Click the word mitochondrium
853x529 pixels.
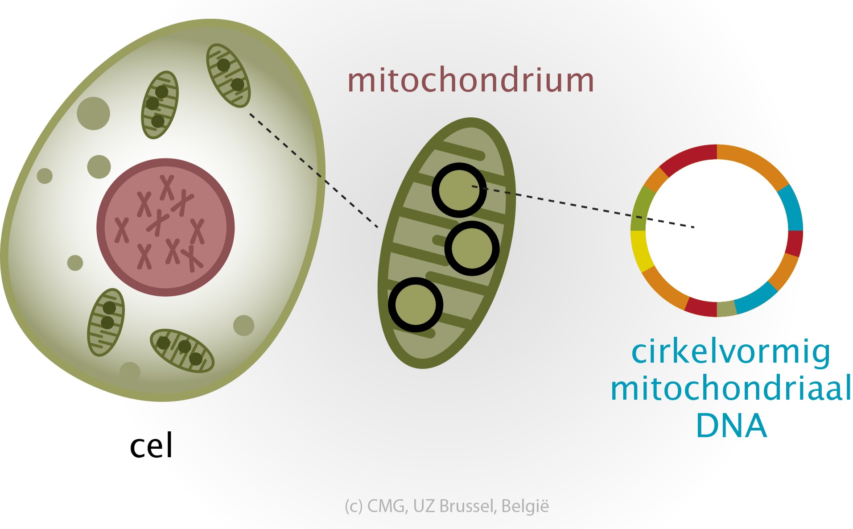(x=471, y=81)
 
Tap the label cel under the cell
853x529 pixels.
(x=151, y=446)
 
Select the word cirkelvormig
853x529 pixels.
(x=731, y=352)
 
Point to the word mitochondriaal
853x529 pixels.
(x=731, y=388)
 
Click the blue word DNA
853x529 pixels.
(x=731, y=426)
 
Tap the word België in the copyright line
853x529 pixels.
(x=525, y=506)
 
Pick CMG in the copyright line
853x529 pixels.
(x=386, y=506)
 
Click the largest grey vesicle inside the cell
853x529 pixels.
(x=93, y=113)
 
